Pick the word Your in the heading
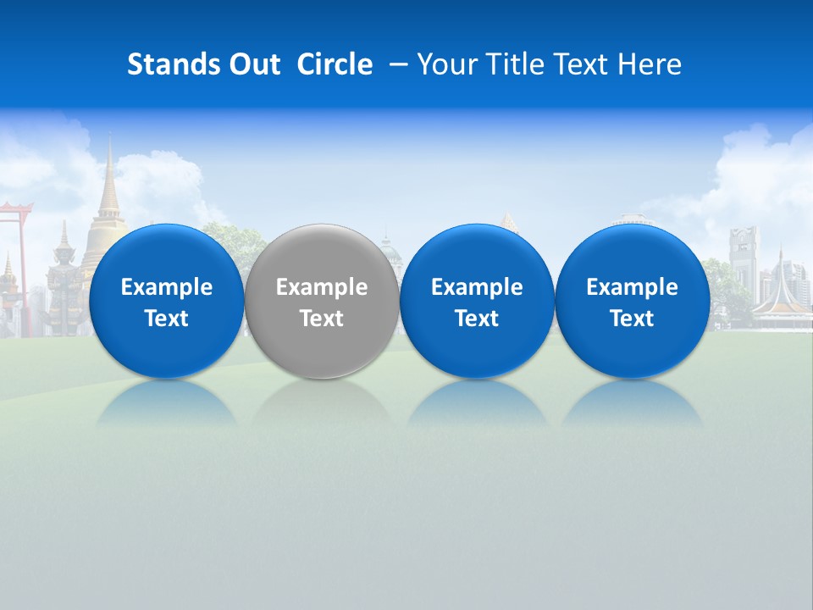[445, 64]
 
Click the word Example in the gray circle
[322, 287]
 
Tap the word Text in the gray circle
[322, 319]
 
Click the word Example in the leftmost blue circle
[167, 287]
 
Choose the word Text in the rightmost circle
[632, 319]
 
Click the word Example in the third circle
[477, 287]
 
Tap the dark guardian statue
[64, 280]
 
